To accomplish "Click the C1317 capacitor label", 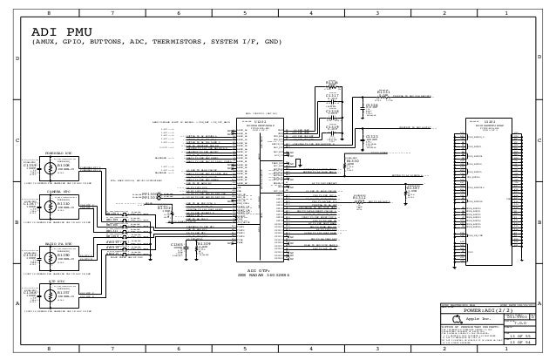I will click(x=332, y=95).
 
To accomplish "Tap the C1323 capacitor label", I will click(x=372, y=137).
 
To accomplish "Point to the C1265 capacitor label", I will click(x=177, y=245).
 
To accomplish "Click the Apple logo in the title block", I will click(x=458, y=320).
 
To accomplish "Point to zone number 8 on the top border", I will click(x=49, y=14).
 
